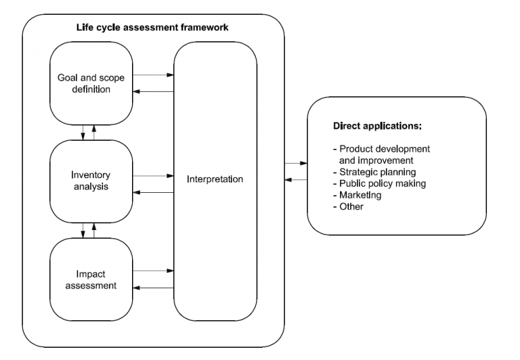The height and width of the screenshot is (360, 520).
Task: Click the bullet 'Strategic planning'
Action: click(x=376, y=173)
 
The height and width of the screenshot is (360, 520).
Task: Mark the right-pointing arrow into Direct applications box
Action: click(x=295, y=163)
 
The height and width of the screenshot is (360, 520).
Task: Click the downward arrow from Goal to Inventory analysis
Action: click(x=83, y=131)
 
